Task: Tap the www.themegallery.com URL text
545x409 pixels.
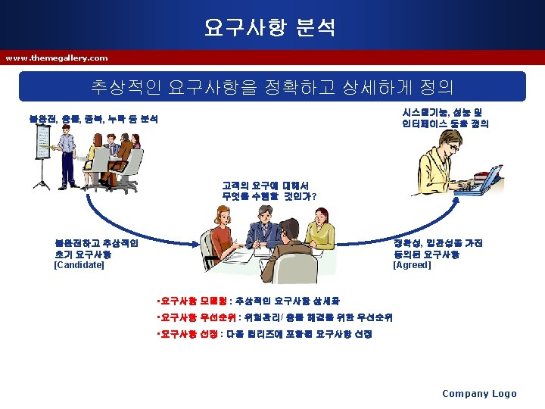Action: click(57, 58)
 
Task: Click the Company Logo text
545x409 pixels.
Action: click(479, 393)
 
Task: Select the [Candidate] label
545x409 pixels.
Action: click(79, 265)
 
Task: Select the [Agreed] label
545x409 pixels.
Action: click(412, 265)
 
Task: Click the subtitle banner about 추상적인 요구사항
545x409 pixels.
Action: click(272, 86)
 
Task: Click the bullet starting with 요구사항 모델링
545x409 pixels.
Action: click(250, 301)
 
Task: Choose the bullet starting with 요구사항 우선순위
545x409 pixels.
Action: click(277, 317)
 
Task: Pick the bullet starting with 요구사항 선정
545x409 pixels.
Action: click(262, 334)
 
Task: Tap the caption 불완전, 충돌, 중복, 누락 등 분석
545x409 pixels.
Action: click(94, 120)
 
